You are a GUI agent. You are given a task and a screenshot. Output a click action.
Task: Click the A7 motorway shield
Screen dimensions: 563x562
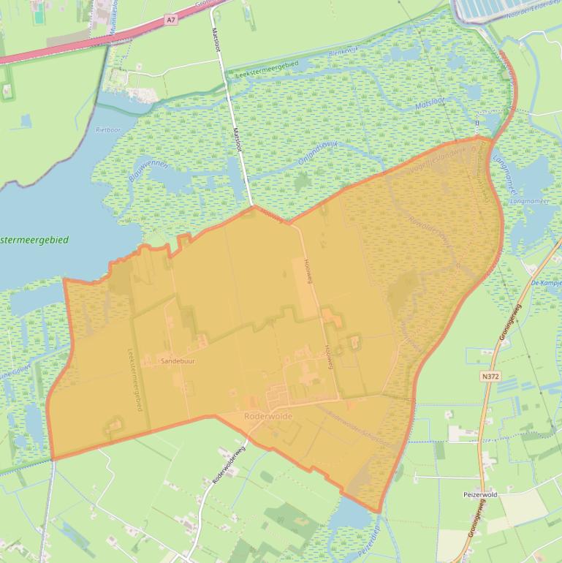click(171, 20)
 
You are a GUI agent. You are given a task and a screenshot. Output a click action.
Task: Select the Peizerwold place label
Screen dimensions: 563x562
click(480, 495)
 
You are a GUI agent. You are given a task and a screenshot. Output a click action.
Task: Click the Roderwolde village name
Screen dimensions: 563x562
click(267, 415)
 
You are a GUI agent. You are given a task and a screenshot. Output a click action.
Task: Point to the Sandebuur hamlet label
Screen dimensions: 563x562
click(178, 360)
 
